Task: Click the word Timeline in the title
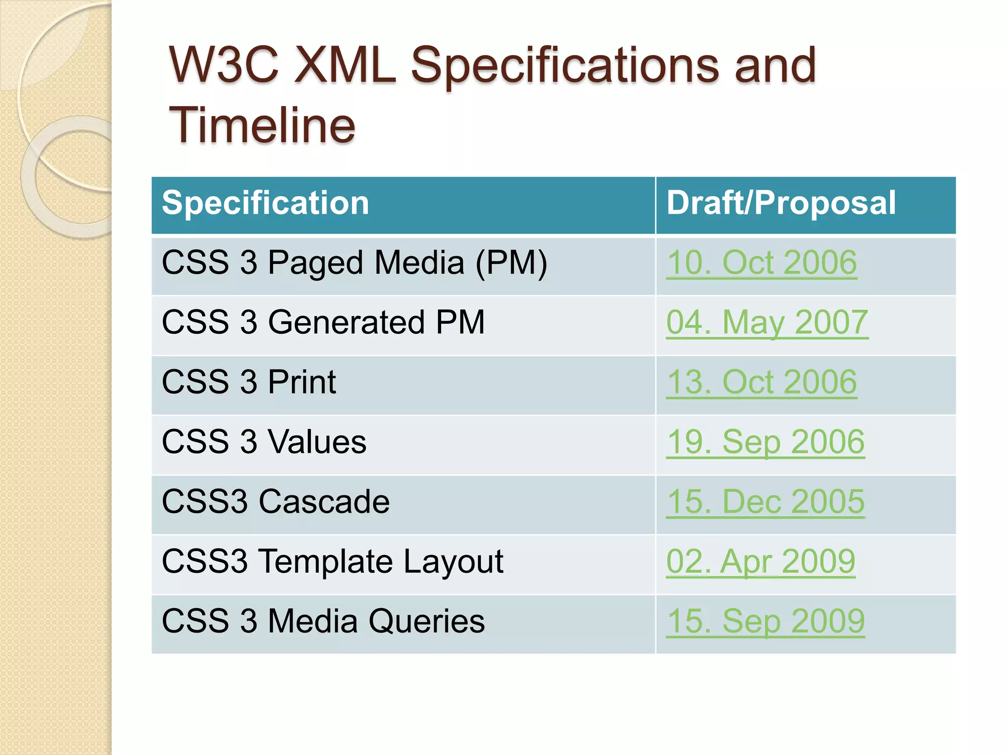[262, 126]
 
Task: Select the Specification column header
[266, 203]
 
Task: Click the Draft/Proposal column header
[781, 203]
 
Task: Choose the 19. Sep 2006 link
[765, 442]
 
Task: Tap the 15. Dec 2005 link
[765, 502]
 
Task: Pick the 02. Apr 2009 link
[761, 561]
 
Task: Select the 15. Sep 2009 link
[765, 621]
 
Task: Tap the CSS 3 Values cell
[264, 442]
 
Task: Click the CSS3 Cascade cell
[275, 502]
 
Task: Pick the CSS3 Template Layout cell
[332, 561]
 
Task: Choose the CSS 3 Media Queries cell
[323, 621]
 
